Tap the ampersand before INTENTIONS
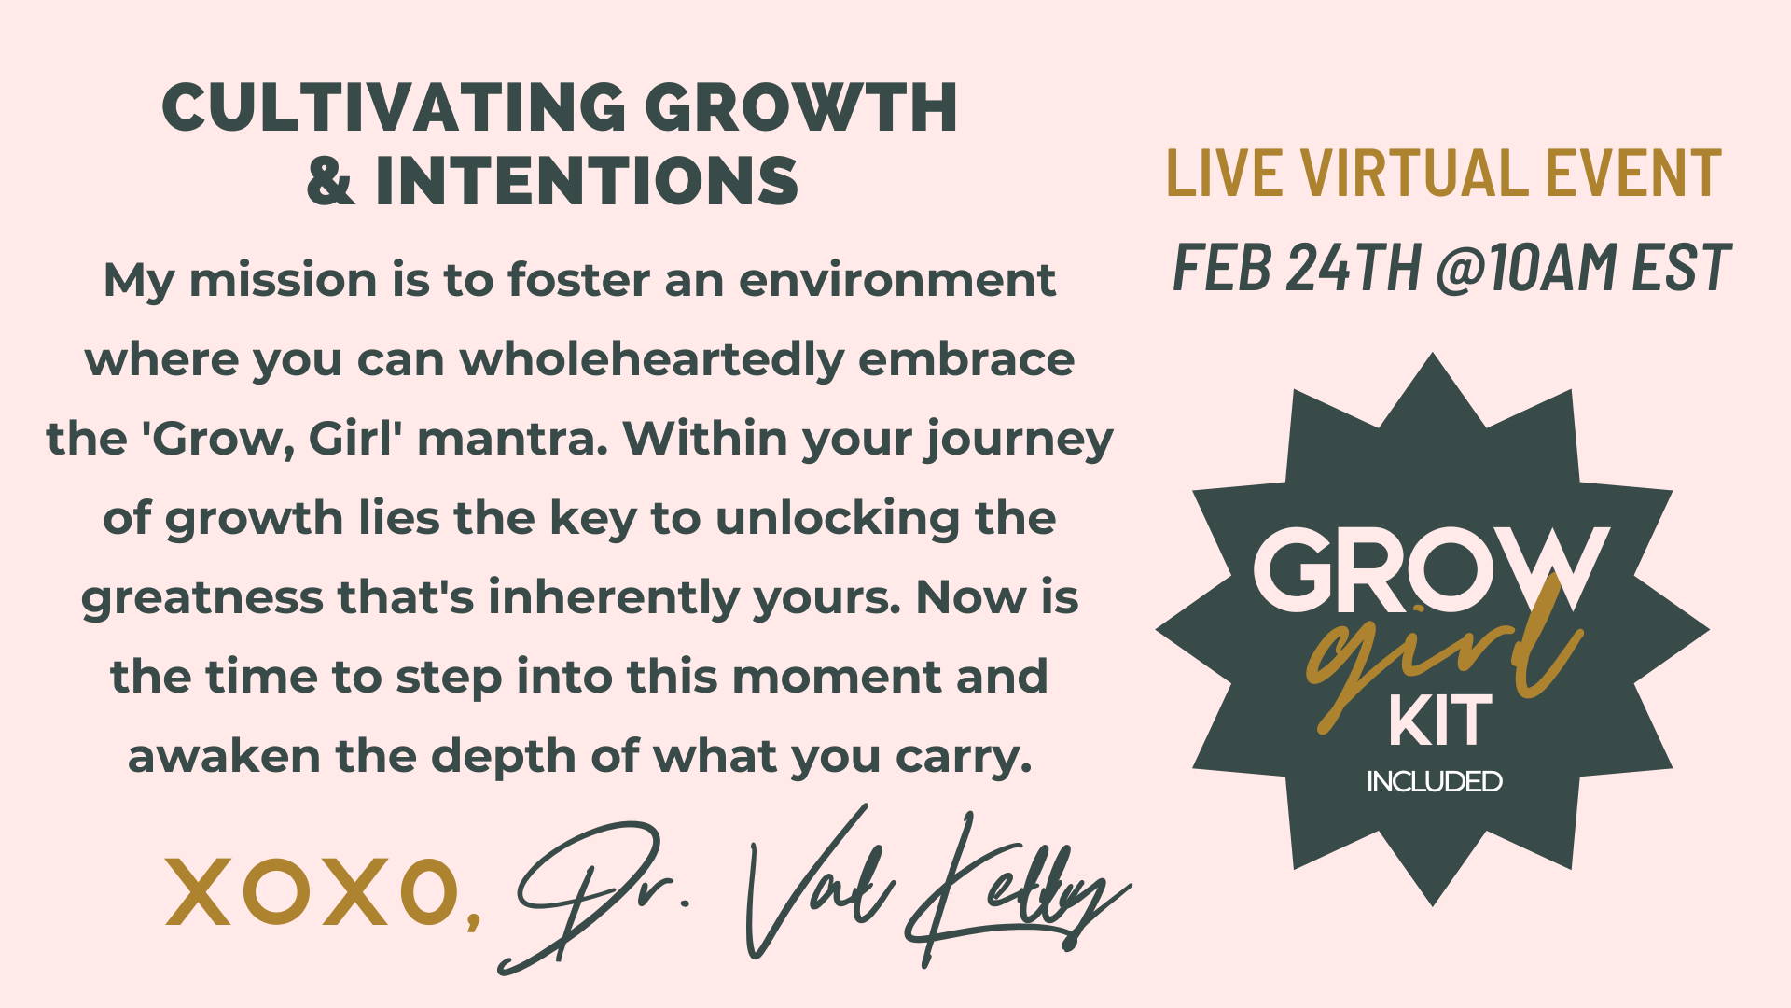[x=332, y=180]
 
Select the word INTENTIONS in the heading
[x=587, y=180]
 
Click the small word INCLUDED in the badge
[x=1435, y=781]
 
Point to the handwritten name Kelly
[x=1017, y=887]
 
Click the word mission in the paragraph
[x=283, y=279]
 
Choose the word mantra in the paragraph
[x=512, y=440]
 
